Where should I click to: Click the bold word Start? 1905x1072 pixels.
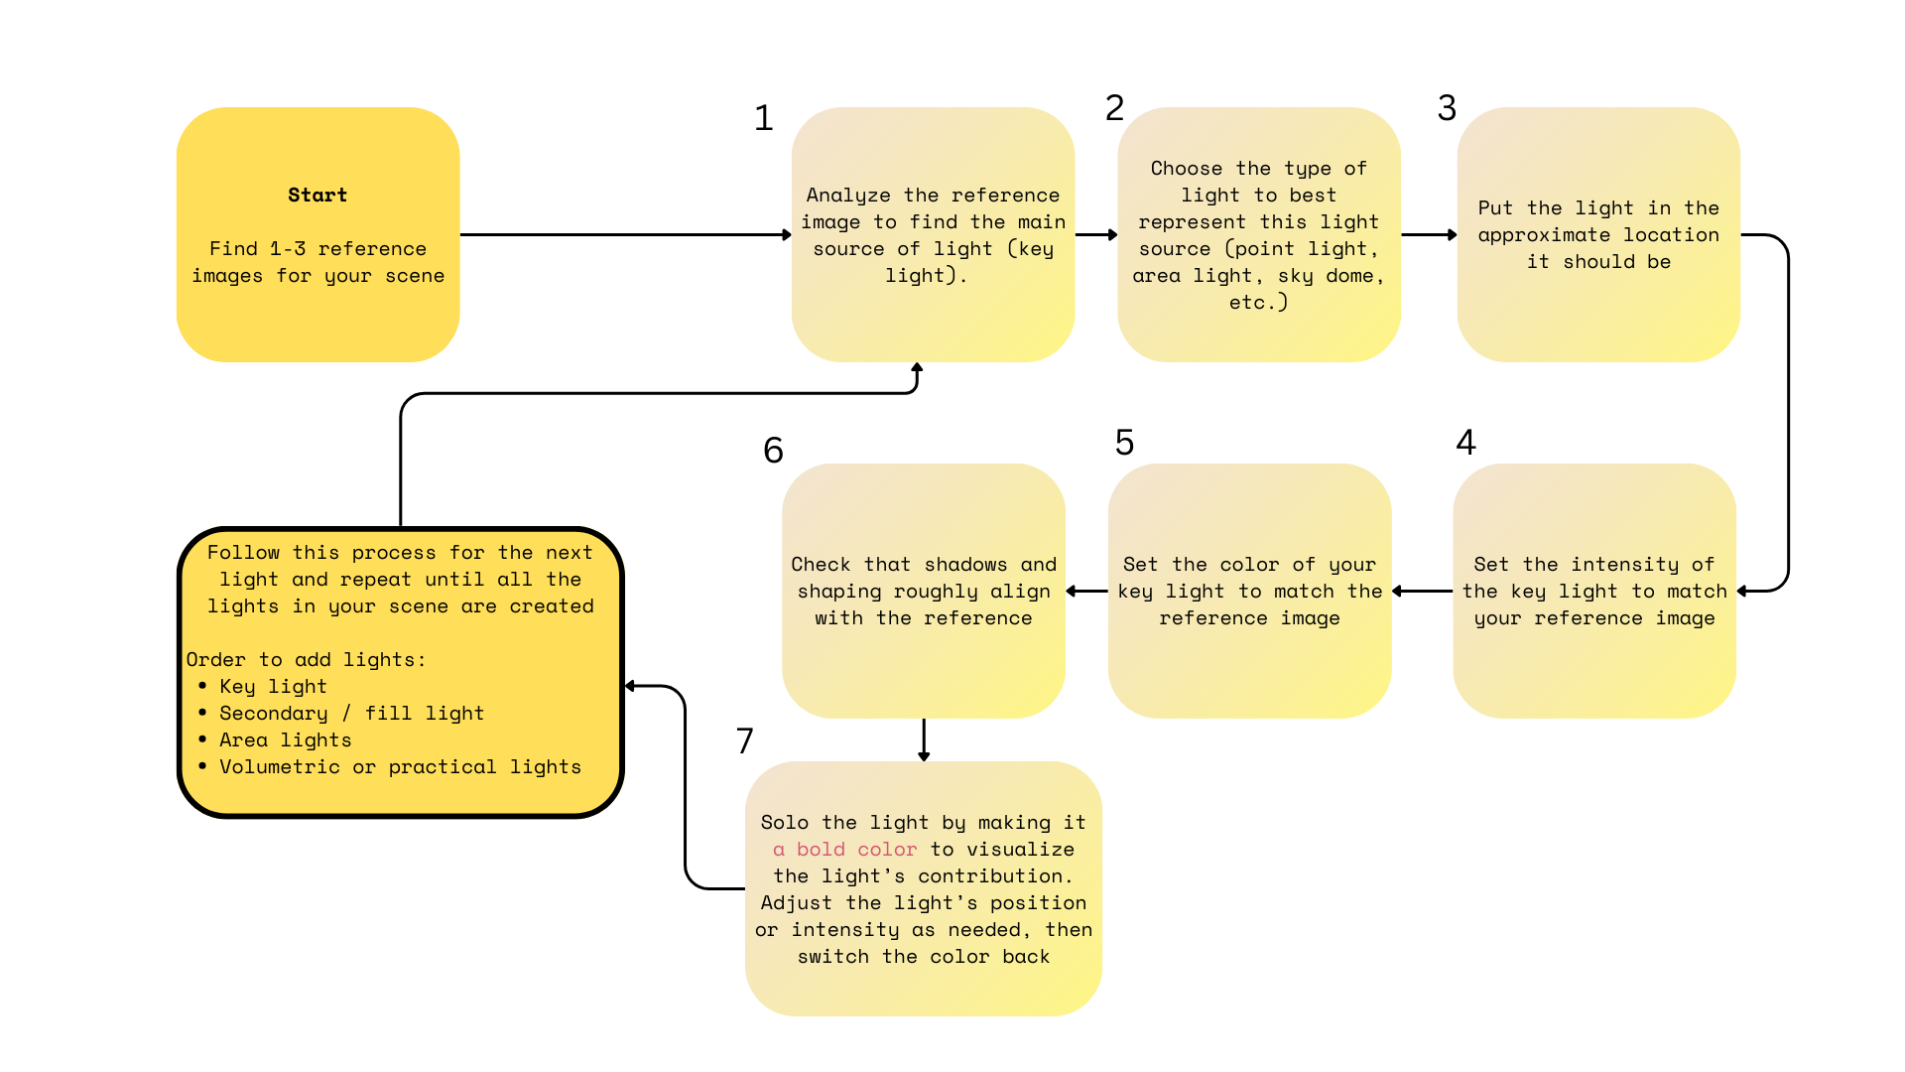click(x=317, y=196)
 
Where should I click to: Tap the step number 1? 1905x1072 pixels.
click(x=763, y=118)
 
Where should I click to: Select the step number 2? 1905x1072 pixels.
click(x=1114, y=108)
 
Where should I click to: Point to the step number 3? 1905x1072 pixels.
click(x=1447, y=108)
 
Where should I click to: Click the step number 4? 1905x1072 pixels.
click(x=1465, y=443)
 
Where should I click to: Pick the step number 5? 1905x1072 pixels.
click(x=1124, y=443)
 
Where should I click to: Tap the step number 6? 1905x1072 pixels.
click(x=773, y=451)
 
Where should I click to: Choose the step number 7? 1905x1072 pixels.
click(x=745, y=740)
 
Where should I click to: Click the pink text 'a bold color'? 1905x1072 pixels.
click(x=845, y=850)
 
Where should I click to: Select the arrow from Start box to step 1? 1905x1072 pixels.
click(x=625, y=235)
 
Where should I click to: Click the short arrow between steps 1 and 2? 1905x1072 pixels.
click(x=1096, y=235)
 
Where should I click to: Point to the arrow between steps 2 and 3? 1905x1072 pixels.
click(x=1429, y=235)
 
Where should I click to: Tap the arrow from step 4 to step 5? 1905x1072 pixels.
click(x=1423, y=592)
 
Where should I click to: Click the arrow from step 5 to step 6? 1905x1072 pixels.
click(x=1087, y=592)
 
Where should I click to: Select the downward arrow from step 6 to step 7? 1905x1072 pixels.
click(x=924, y=739)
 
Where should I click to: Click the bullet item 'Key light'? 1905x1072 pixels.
click(x=273, y=687)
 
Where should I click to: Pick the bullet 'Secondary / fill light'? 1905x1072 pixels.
click(x=351, y=714)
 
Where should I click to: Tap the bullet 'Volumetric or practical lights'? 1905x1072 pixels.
click(x=400, y=767)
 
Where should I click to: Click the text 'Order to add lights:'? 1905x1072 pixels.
click(x=306, y=660)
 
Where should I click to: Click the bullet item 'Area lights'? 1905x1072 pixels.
click(x=286, y=740)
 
